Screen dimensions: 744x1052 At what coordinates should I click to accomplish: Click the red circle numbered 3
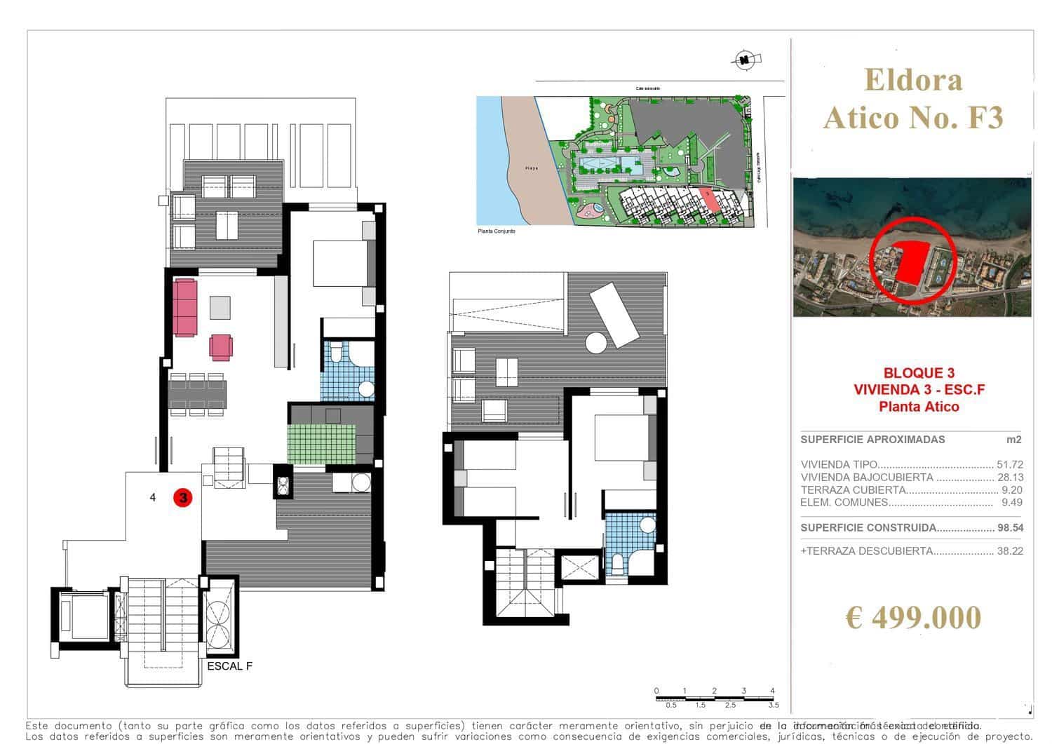[183, 498]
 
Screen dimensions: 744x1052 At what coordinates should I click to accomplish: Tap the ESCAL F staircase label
[229, 666]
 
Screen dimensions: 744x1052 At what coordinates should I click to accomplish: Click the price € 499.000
[912, 618]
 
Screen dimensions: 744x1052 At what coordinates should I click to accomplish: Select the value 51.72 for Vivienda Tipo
[1009, 465]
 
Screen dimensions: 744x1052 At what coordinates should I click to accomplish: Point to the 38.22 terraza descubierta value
[1009, 551]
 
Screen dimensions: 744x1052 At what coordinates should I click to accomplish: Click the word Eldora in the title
[913, 80]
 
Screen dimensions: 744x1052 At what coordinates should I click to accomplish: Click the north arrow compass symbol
[743, 60]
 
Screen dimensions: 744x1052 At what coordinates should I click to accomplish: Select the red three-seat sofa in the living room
[186, 307]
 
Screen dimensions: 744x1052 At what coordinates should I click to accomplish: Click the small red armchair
[220, 346]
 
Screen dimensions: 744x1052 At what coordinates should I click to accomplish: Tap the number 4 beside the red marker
[153, 498]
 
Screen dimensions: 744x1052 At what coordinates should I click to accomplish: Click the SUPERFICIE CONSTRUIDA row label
[868, 528]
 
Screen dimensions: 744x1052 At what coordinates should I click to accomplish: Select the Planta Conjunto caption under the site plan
[496, 231]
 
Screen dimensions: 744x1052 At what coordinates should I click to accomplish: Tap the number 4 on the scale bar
[772, 691]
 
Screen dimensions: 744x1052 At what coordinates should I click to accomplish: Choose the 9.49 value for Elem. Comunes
[1012, 502]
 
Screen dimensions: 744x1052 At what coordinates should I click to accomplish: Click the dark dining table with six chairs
[197, 394]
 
